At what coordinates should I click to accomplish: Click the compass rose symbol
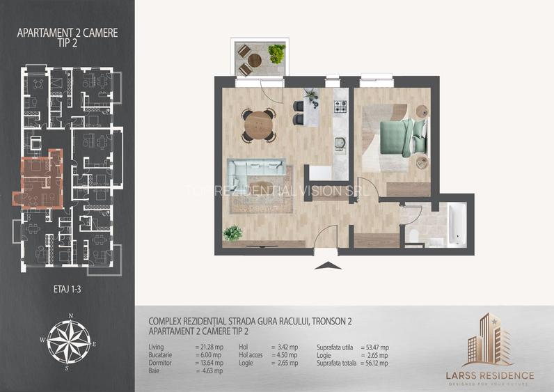[68, 339]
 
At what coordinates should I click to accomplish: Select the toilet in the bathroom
[414, 236]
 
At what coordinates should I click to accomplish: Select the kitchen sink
[340, 143]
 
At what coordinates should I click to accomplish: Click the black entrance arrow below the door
[325, 265]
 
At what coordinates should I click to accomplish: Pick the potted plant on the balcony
[276, 53]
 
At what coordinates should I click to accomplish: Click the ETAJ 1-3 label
[68, 286]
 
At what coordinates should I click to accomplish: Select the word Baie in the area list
[155, 371]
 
